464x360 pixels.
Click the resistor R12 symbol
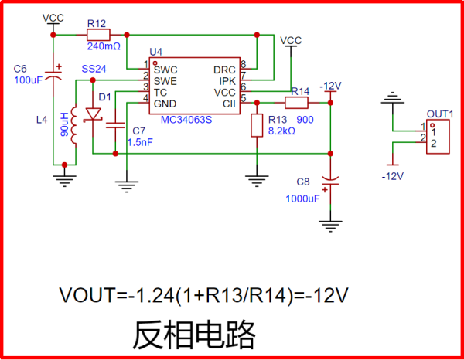[98, 34]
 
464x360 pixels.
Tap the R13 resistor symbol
[257, 126]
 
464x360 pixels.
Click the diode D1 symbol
[94, 114]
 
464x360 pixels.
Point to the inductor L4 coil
[75, 126]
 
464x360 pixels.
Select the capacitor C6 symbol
[53, 74]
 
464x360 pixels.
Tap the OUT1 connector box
[438, 136]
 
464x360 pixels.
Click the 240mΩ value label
[98, 47]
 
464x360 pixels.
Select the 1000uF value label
[303, 199]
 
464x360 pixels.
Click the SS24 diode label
[94, 69]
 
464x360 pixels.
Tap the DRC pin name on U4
[224, 69]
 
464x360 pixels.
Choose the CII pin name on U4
[229, 104]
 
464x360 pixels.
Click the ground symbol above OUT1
[394, 97]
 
